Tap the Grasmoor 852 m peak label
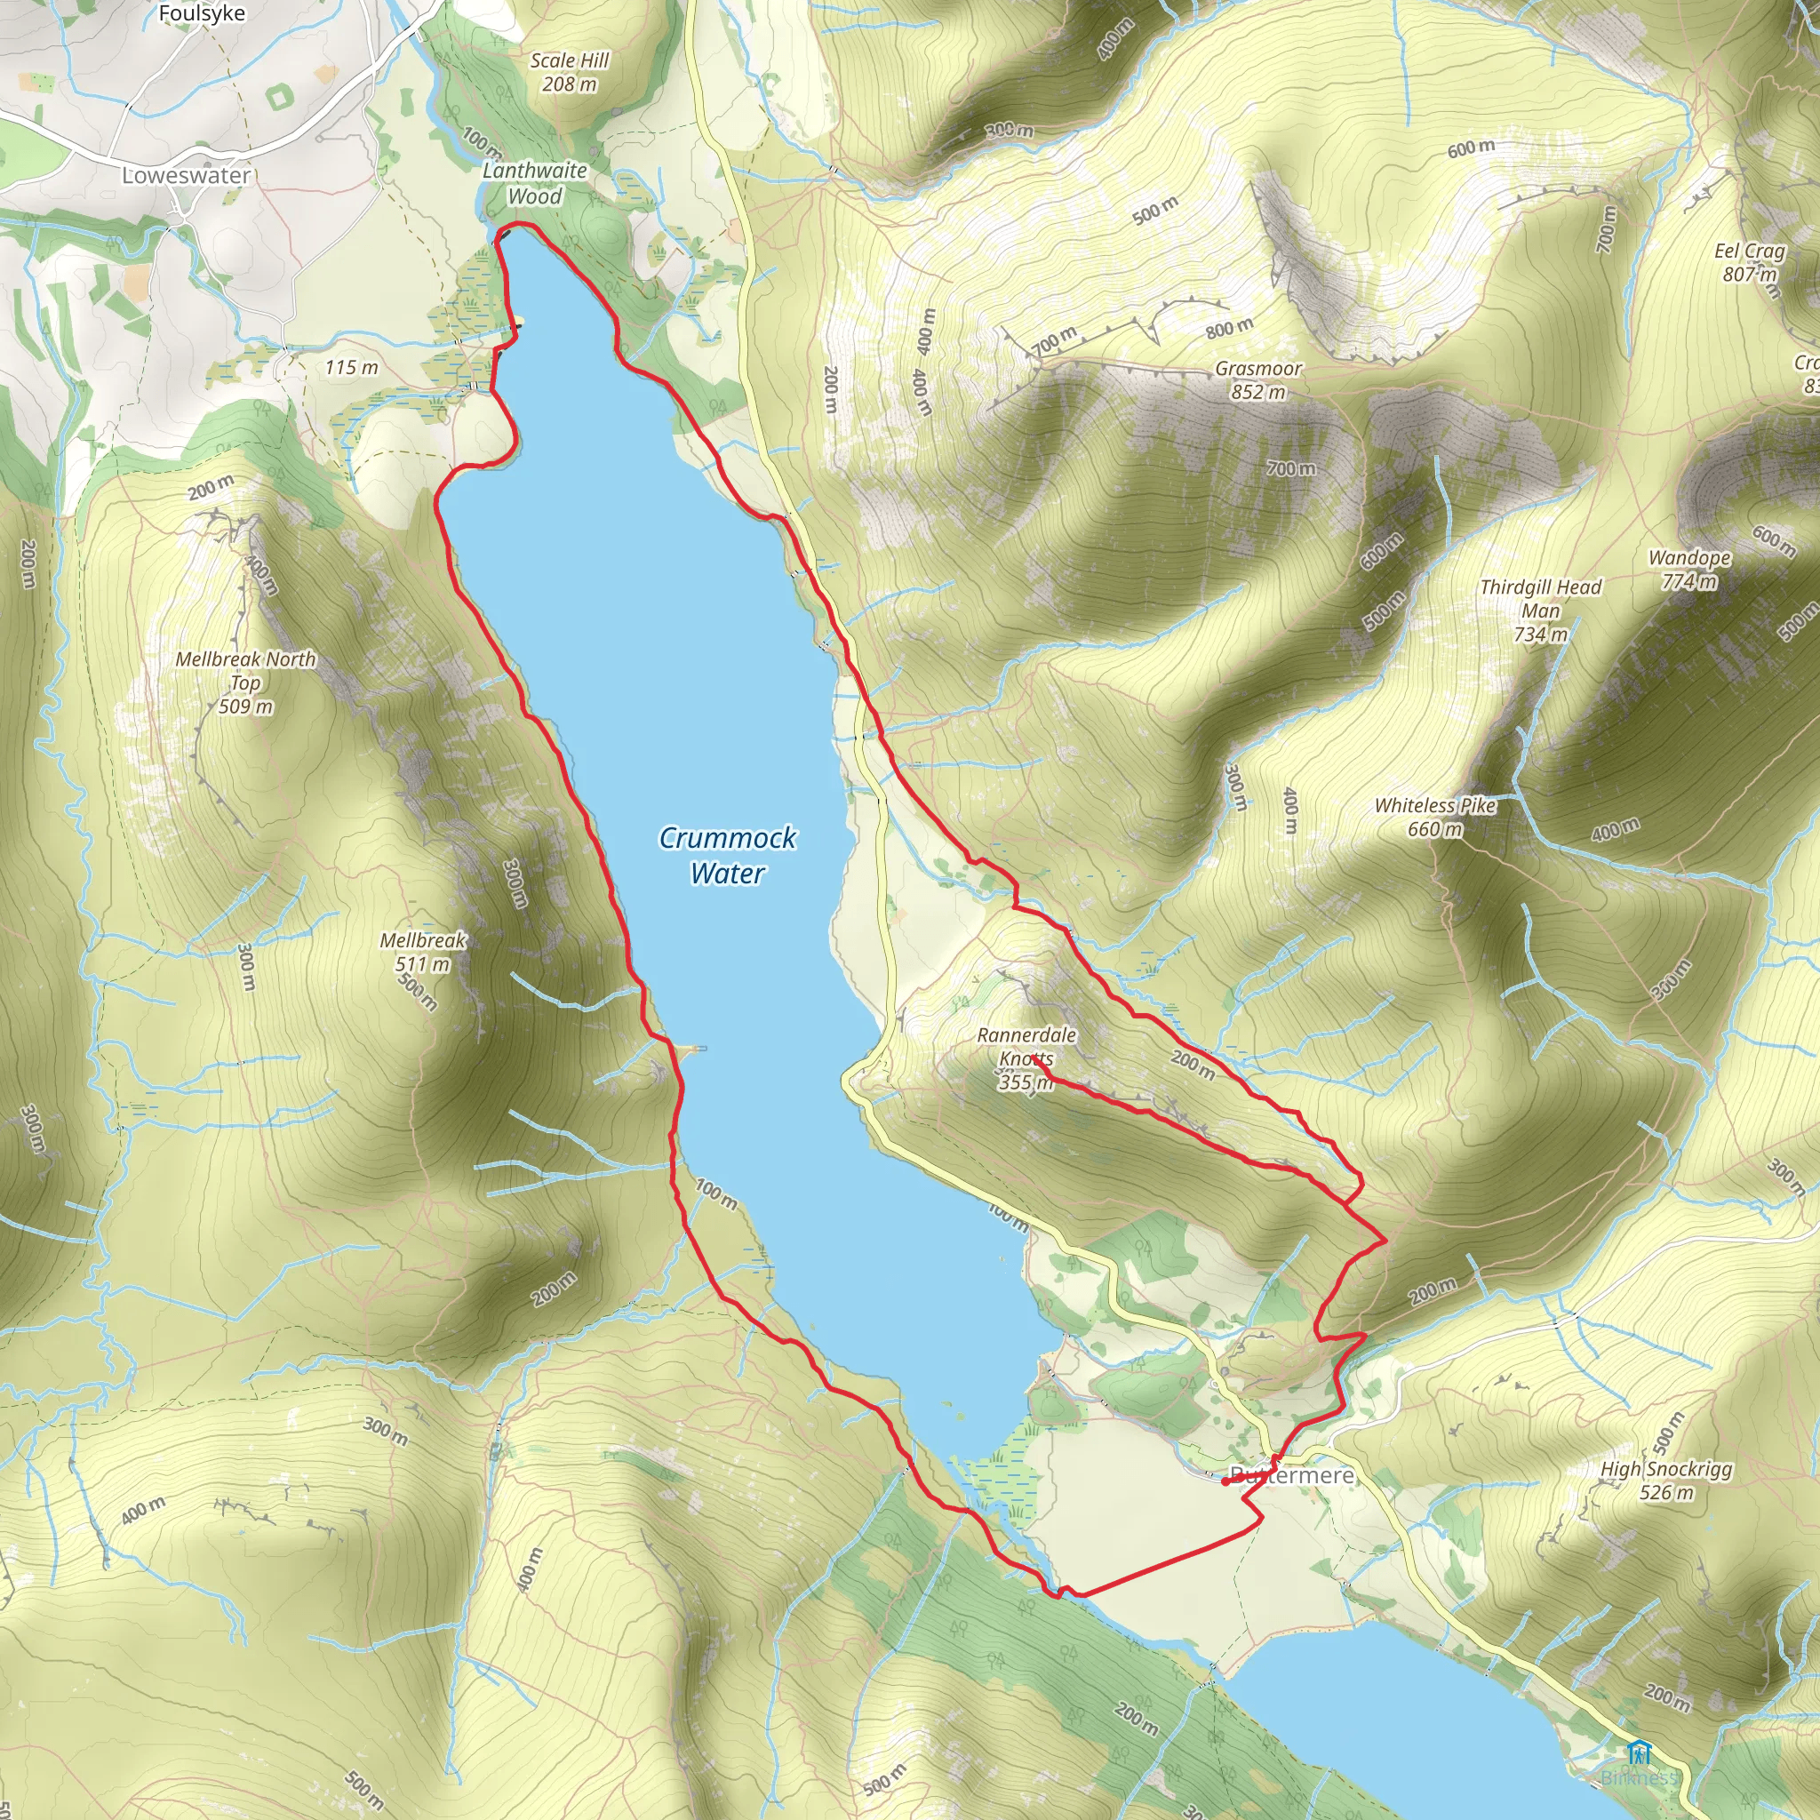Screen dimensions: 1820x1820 click(1257, 380)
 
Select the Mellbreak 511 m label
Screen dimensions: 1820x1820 click(423, 952)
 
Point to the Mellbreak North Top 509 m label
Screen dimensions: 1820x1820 click(246, 682)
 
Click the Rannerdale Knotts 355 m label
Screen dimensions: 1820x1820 click(1025, 1058)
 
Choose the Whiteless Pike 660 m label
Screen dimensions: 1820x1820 click(1434, 817)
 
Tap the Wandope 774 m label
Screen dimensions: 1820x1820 click(1689, 569)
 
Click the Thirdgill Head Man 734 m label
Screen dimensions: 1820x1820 click(1540, 611)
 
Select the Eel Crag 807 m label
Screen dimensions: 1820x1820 click(1749, 262)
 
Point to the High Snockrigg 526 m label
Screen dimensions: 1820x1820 click(1665, 1480)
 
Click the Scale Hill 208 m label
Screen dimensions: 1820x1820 click(569, 72)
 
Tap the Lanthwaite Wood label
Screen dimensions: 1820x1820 click(534, 184)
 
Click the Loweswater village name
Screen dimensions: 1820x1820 click(187, 175)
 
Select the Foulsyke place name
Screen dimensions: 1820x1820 click(202, 13)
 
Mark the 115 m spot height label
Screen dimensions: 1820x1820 click(351, 367)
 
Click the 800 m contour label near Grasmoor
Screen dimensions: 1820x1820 click(1229, 329)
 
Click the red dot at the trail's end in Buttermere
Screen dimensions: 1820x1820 click(1225, 1481)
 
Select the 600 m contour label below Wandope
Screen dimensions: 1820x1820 click(1773, 539)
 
